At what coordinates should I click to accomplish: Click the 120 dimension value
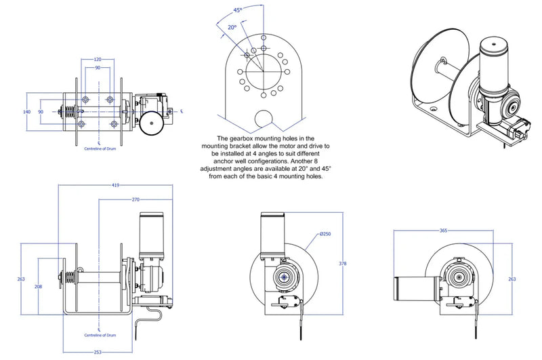point(98,60)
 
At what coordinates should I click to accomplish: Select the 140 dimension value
point(27,111)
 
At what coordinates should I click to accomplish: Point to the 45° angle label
point(237,10)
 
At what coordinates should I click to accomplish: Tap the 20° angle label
point(232,27)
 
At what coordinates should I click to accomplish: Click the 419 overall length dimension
point(117,184)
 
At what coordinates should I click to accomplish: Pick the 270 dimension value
point(135,199)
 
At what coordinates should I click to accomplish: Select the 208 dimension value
point(38,287)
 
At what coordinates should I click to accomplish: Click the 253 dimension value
point(99,352)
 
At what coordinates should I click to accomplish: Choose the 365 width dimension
point(444,231)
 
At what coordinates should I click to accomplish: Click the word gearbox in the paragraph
point(236,138)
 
